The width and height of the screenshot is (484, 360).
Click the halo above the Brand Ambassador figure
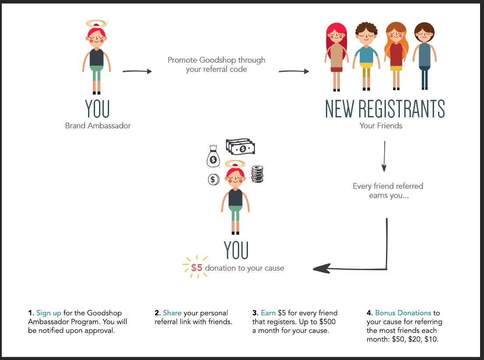pyautogui.click(x=96, y=23)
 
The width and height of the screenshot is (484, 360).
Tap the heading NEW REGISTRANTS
pyautogui.click(x=385, y=109)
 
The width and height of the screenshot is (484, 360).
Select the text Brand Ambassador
pyautogui.click(x=98, y=126)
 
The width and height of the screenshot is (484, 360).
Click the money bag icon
pyautogui.click(x=213, y=156)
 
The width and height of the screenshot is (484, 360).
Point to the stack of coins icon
pyautogui.click(x=257, y=174)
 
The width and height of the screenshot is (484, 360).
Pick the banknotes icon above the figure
pyautogui.click(x=240, y=147)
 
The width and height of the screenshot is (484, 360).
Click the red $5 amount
pyautogui.click(x=197, y=268)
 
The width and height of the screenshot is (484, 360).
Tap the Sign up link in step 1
pyautogui.click(x=49, y=313)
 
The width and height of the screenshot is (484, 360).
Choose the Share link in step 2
pyautogui.click(x=172, y=313)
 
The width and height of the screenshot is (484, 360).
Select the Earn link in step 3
pyautogui.click(x=268, y=313)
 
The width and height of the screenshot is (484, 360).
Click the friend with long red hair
pyautogui.click(x=336, y=55)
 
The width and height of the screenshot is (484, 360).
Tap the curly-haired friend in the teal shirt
pyautogui.click(x=366, y=55)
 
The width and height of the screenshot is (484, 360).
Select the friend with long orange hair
pyautogui.click(x=396, y=55)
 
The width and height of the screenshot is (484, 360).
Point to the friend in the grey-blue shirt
pyautogui.click(x=424, y=55)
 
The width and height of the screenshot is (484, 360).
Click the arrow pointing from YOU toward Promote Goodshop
pyautogui.click(x=137, y=71)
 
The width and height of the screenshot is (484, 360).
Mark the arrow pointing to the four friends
pyautogui.click(x=294, y=71)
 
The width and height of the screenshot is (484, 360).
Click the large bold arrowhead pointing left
pyautogui.click(x=322, y=268)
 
